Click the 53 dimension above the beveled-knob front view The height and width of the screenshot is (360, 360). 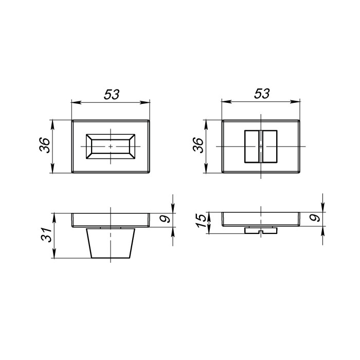pyautogui.click(x=112, y=94)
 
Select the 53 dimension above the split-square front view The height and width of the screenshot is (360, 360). pyautogui.click(x=262, y=94)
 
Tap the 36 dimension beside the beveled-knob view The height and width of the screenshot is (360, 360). pyautogui.click(x=44, y=146)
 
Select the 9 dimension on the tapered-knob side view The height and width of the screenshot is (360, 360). pyautogui.click(x=164, y=219)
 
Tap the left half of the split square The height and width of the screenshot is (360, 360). pyautogui.click(x=251, y=147)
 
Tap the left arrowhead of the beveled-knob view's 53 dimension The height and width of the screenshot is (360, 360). pyautogui.click(x=74, y=102)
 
